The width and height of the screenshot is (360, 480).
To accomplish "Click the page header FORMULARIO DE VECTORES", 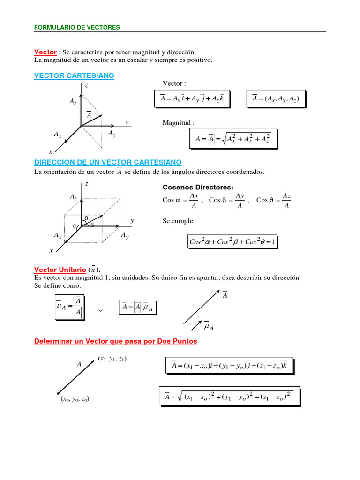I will (x=77, y=27).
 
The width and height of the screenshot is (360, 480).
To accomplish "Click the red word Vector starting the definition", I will (x=45, y=52).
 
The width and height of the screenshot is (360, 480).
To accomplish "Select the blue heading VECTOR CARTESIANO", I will (x=74, y=75).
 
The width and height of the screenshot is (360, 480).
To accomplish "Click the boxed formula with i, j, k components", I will (x=192, y=98).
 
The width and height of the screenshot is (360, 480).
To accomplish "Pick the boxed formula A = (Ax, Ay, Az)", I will (x=276, y=98).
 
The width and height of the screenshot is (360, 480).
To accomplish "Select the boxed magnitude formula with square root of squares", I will (x=232, y=138).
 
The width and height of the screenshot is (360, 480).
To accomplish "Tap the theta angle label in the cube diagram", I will (x=86, y=218).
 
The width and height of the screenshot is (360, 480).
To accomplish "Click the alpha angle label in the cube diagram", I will (x=74, y=226).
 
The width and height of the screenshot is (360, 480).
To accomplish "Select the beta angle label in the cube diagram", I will (x=92, y=225).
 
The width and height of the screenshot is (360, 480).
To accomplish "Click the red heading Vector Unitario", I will (x=60, y=270).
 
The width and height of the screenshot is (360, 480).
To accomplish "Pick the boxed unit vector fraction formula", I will (x=68, y=307).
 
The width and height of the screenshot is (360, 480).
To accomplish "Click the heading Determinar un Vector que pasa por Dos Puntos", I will (x=116, y=341).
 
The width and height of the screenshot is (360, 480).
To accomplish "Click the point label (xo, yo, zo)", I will (x=75, y=399).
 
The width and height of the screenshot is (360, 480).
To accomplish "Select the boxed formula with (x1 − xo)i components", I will (x=229, y=365).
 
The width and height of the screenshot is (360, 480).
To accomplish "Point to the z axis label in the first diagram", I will (x=86, y=86).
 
